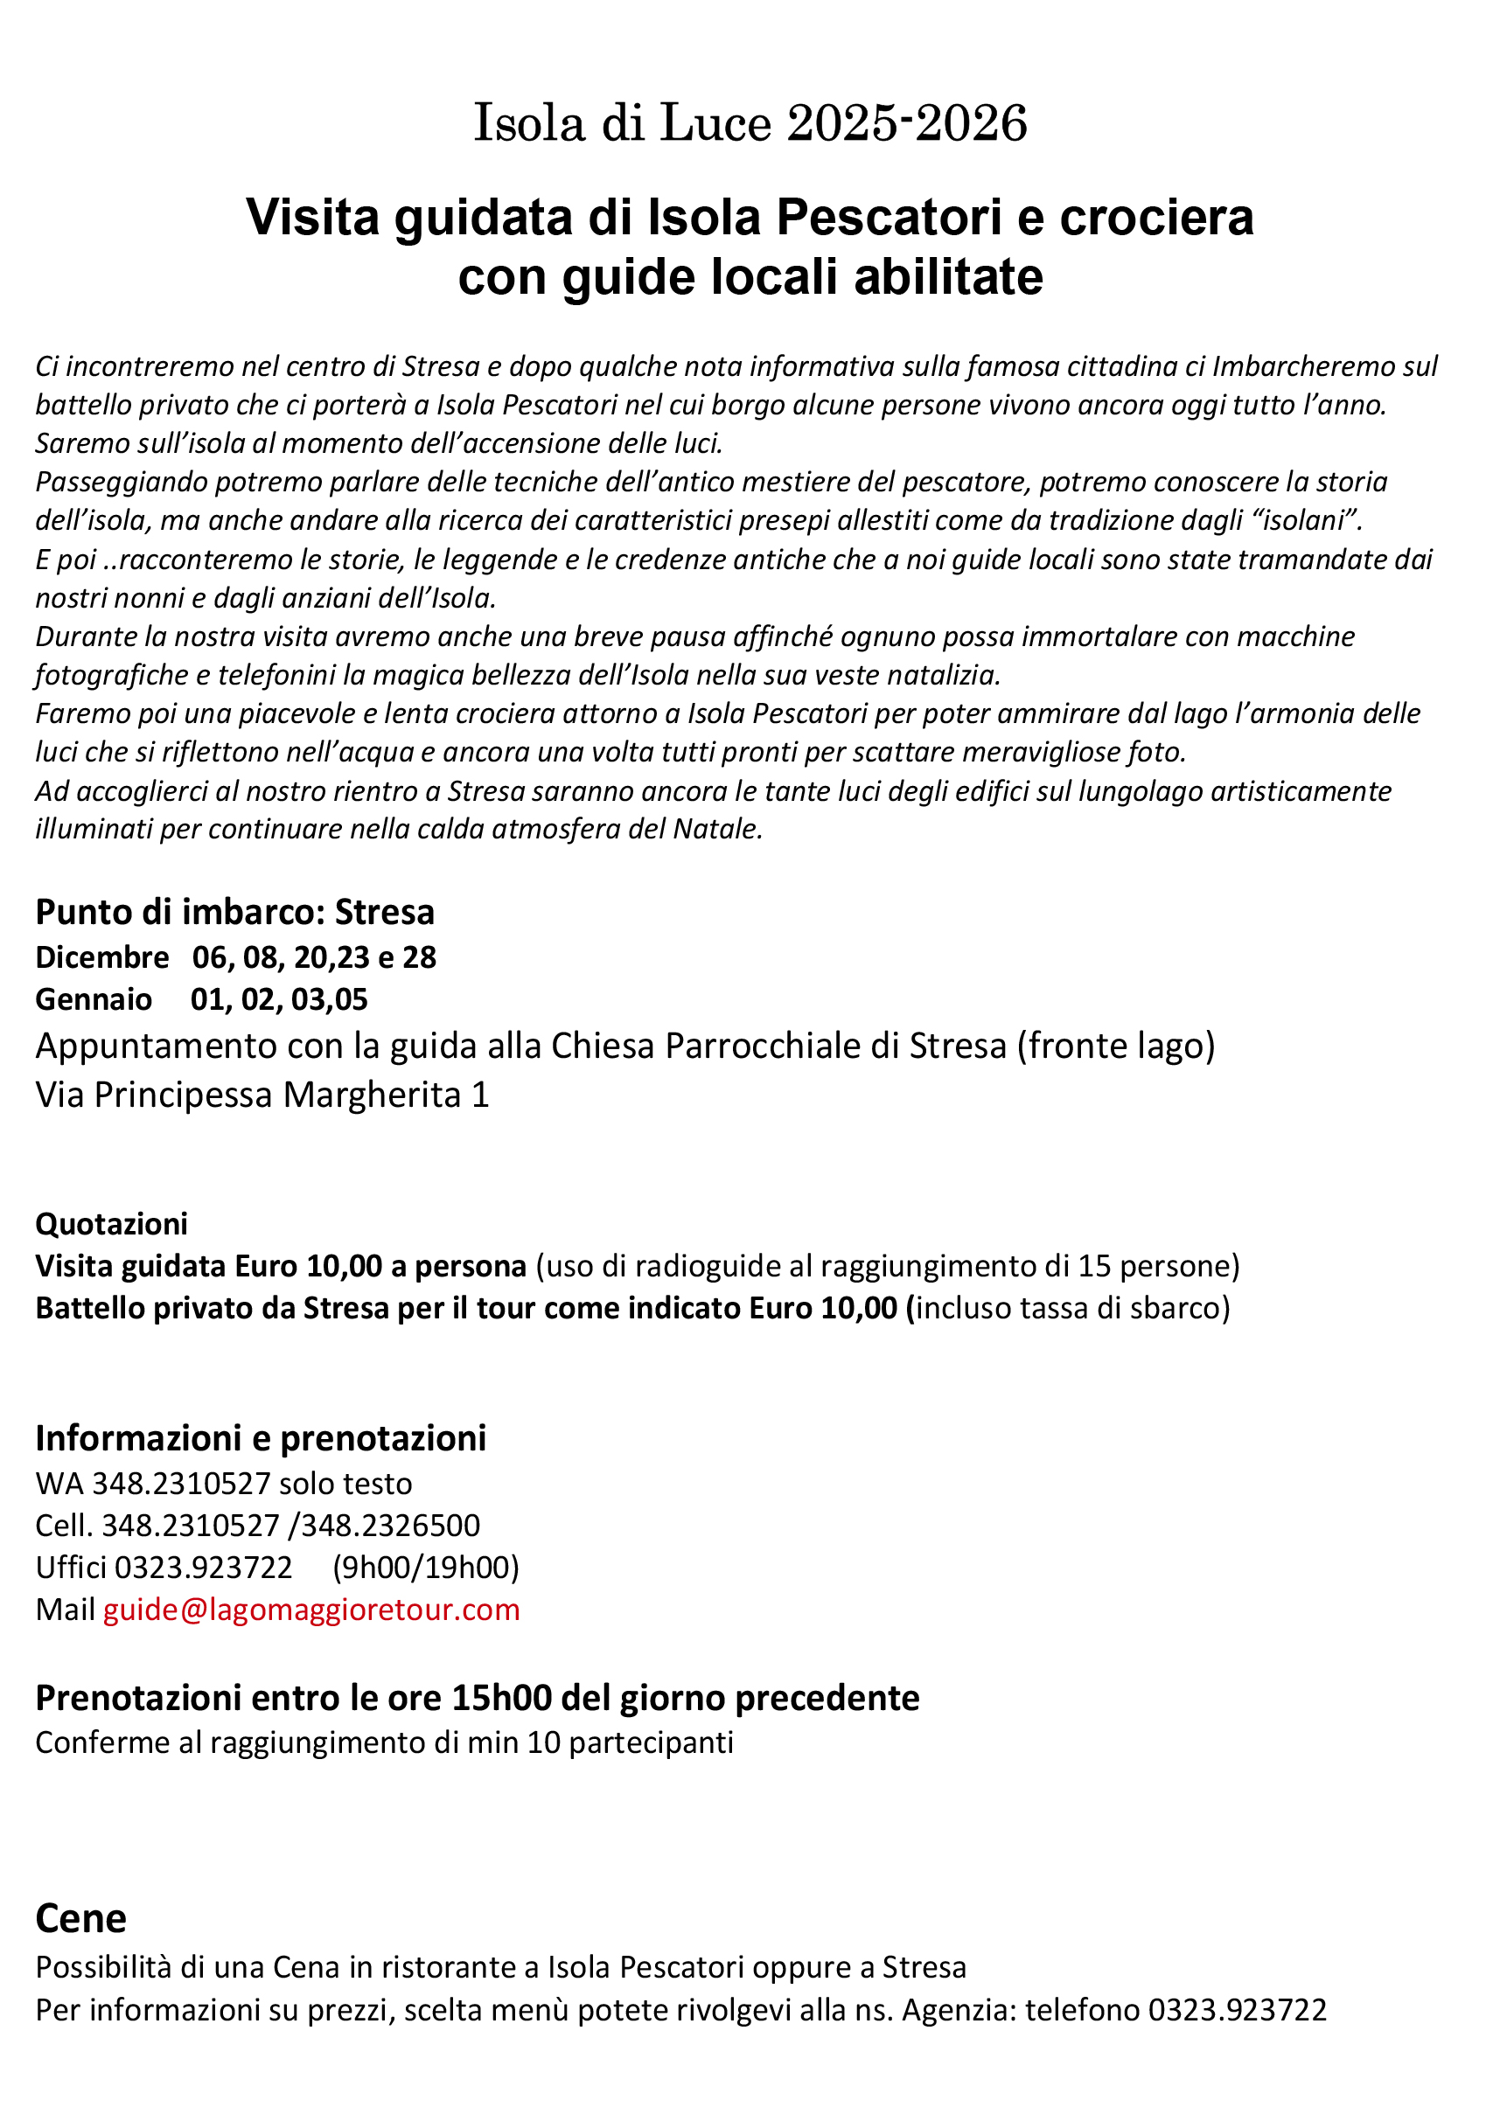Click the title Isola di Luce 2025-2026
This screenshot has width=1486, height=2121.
[750, 123]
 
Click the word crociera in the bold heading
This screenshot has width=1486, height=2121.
[1155, 218]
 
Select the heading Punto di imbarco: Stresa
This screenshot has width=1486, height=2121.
[234, 912]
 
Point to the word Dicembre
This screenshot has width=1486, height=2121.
[101, 957]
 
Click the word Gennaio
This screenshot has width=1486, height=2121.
[94, 998]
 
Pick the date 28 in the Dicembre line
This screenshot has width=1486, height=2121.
[419, 957]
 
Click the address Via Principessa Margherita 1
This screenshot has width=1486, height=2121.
[262, 1095]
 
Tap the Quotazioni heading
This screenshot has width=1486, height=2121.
[111, 1223]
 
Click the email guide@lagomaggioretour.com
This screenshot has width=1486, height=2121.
[311, 1610]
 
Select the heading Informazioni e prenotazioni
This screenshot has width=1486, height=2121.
[261, 1438]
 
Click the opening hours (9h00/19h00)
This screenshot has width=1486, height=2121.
[426, 1567]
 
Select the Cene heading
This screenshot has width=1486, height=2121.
[80, 1919]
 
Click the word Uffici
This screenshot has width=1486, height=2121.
[71, 1567]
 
